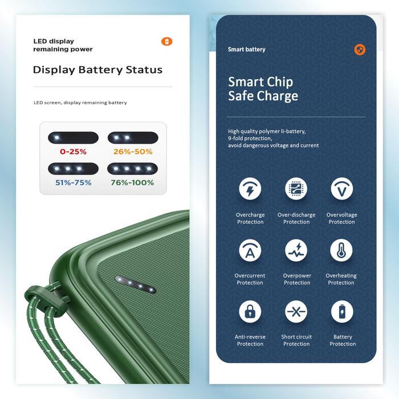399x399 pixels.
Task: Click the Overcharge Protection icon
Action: [250, 189]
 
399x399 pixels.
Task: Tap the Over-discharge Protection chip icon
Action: [296, 189]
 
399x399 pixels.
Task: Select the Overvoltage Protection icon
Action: [341, 189]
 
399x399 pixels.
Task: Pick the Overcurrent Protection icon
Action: [250, 250]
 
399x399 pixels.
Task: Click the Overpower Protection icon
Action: [296, 250]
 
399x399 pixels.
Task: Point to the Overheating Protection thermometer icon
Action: [341, 250]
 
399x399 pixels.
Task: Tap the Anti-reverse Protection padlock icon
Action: [250, 311]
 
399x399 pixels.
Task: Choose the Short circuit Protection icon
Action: [296, 311]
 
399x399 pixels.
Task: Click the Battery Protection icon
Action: [342, 311]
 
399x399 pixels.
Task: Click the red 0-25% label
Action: [73, 152]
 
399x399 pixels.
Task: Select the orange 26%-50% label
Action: [133, 152]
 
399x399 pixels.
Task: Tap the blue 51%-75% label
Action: [73, 182]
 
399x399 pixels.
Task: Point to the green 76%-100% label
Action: [133, 182]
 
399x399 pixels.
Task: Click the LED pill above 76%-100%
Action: [133, 169]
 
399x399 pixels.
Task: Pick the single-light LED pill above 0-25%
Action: [73, 138]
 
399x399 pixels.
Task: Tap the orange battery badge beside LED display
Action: [166, 42]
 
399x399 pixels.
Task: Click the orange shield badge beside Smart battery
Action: [360, 50]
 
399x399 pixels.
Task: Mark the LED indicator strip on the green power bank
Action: [135, 284]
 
